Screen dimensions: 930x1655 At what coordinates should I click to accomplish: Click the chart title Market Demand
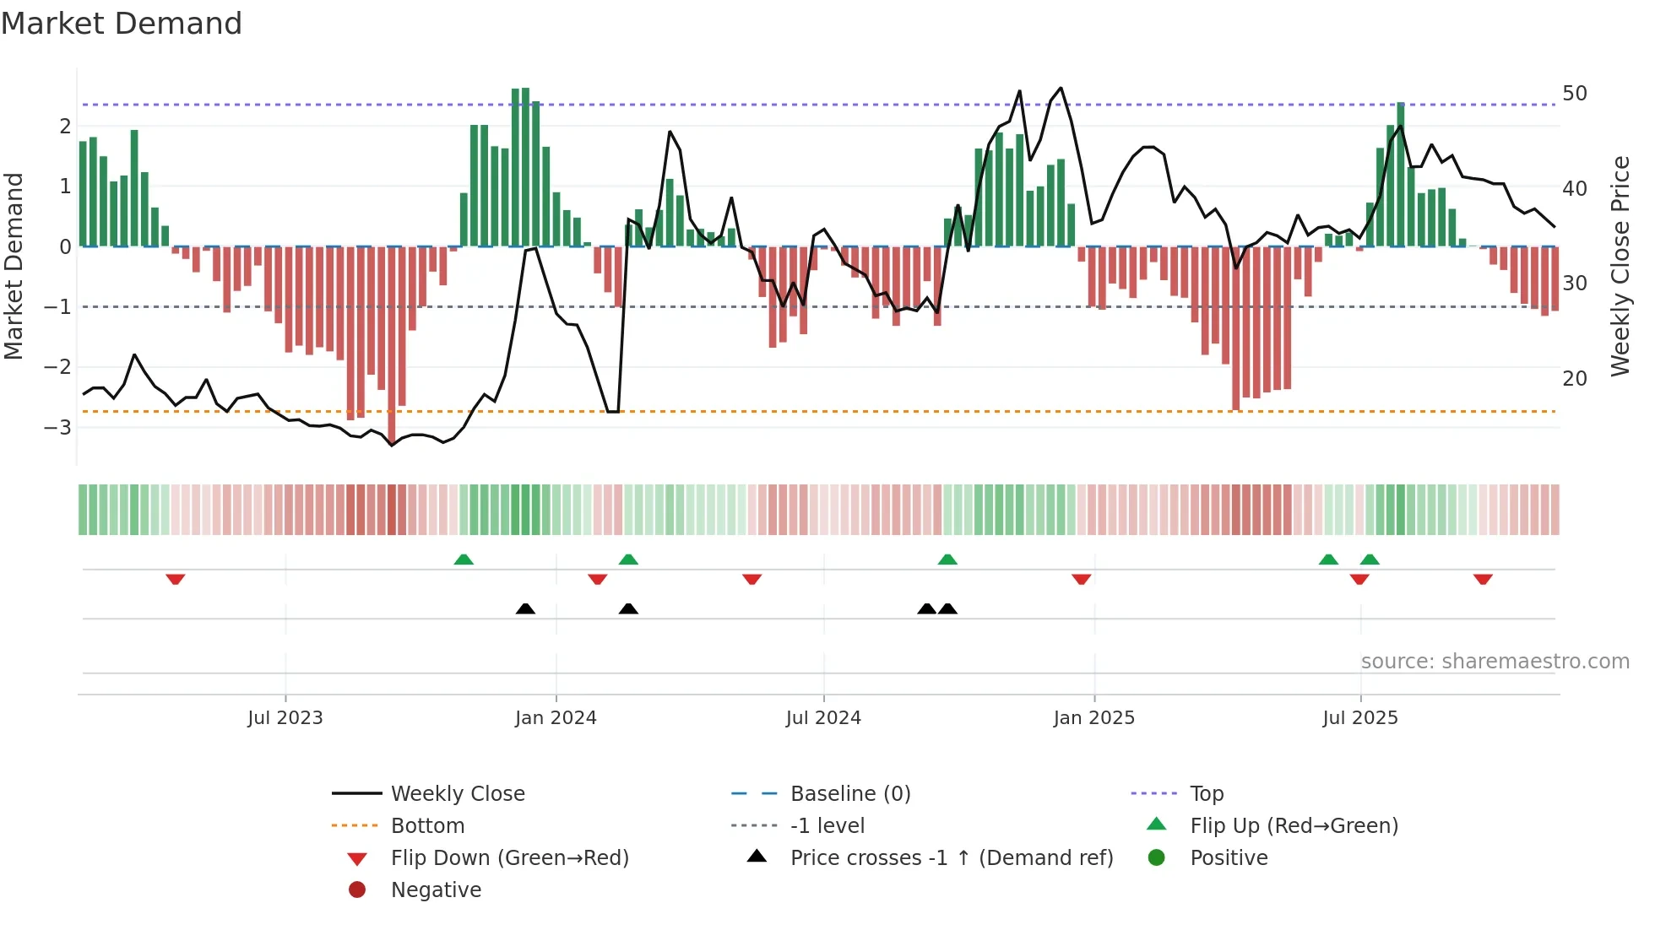coord(122,24)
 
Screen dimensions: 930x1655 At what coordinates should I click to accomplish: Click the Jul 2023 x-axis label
coord(285,718)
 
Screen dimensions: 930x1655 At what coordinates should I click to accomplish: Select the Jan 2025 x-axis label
coord(1093,718)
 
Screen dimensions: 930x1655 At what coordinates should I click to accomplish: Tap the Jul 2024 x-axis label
coord(823,718)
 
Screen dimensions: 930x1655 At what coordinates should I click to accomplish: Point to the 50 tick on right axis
coord(1574,94)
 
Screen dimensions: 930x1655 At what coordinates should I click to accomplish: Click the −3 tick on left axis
coord(58,427)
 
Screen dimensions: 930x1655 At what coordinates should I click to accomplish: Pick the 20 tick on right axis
coord(1574,379)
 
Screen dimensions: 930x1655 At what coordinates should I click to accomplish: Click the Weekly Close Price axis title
coord(1620,266)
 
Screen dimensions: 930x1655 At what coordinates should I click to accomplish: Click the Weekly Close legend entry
coord(457,794)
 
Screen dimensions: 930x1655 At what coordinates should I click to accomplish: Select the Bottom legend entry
coord(427,826)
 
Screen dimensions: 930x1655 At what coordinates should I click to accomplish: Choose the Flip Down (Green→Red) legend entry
coord(509,858)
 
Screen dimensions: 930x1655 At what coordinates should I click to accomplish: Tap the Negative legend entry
coord(436,890)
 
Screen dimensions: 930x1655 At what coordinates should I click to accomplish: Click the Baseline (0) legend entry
coord(849,794)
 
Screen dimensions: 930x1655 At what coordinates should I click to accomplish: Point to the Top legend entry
coord(1206,794)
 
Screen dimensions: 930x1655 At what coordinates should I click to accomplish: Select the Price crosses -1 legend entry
coord(951,858)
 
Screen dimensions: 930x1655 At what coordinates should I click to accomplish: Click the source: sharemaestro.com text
coord(1495,662)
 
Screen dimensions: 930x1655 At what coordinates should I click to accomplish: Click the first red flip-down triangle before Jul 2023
coord(176,579)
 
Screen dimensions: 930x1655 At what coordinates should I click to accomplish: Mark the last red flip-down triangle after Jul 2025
coord(1483,579)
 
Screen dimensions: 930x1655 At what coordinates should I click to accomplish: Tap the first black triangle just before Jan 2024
coord(525,608)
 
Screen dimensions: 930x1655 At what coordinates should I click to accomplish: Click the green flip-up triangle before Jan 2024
coord(464,560)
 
